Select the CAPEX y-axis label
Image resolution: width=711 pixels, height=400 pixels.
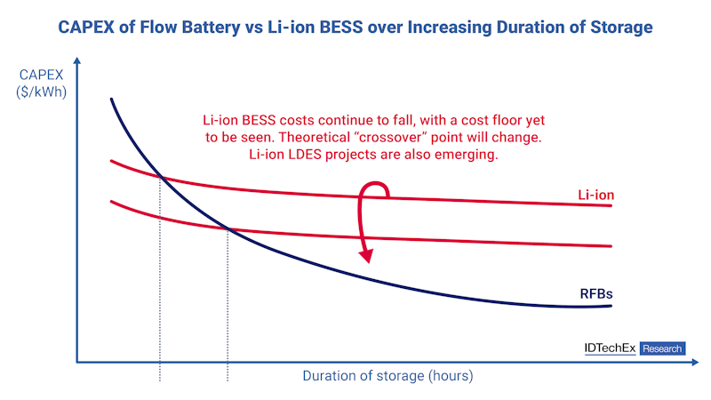click(42, 75)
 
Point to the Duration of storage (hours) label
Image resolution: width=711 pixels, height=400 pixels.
click(387, 376)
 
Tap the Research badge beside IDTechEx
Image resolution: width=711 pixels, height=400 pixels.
click(662, 349)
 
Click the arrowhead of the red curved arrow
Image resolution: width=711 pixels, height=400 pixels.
click(365, 258)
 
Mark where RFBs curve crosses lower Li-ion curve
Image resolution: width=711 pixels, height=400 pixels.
click(228, 230)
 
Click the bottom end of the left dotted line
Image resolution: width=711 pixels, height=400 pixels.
click(160, 381)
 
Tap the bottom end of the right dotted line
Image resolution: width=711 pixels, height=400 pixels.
click(228, 381)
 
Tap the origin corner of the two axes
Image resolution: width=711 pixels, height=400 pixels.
click(77, 362)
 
